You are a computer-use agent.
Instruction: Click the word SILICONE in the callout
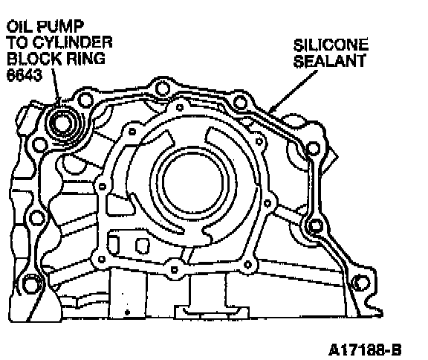coord(331,45)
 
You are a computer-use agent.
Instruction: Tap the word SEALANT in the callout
coord(329,61)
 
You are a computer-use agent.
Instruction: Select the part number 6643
coord(25,74)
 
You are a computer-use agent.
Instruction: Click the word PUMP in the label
coord(59,26)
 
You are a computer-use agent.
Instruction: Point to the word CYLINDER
coord(74,42)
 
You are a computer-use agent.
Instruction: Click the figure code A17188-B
coord(365,350)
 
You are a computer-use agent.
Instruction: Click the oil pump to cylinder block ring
coord(64,123)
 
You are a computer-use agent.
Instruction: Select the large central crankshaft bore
coord(192,181)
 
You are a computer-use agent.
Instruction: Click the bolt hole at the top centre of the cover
coord(162,89)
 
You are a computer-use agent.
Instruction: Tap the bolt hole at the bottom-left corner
coord(30,284)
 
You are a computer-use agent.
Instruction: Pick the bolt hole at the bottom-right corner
coord(361,283)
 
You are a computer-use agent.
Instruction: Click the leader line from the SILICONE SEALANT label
coord(293,91)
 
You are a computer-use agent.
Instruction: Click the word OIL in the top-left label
coord(19,26)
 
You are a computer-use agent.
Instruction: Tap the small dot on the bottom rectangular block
coord(127,312)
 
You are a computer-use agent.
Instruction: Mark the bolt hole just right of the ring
coord(85,100)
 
